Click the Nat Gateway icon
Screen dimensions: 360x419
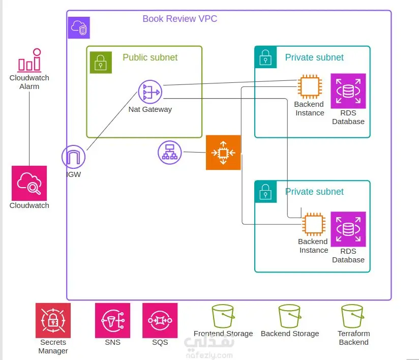pyautogui.click(x=149, y=92)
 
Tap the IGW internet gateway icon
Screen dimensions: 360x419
pyautogui.click(x=74, y=157)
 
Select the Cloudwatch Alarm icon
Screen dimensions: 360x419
pyautogui.click(x=29, y=61)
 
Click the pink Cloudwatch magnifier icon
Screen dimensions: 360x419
pyautogui.click(x=29, y=183)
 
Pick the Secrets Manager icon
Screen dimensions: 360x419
pyautogui.click(x=53, y=320)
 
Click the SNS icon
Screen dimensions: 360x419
pyautogui.click(x=112, y=320)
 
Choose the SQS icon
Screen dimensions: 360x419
pyautogui.click(x=160, y=320)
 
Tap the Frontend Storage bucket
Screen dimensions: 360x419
pyautogui.click(x=223, y=316)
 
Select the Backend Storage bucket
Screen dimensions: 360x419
pyautogui.click(x=289, y=316)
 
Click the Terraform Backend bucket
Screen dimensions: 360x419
pyautogui.click(x=353, y=316)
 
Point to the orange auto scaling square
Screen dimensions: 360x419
pyautogui.click(x=223, y=152)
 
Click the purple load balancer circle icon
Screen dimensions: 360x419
pyautogui.click(x=170, y=152)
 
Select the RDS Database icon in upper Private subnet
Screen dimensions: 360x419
pyautogui.click(x=348, y=91)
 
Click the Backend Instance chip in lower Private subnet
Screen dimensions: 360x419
pyautogui.click(x=314, y=225)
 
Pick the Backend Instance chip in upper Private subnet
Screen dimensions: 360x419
pyautogui.click(x=309, y=87)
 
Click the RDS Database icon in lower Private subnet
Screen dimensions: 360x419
pyautogui.click(x=348, y=229)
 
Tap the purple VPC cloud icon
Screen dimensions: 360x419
pyautogui.click(x=79, y=27)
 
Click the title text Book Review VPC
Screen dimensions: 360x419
pyautogui.click(x=179, y=19)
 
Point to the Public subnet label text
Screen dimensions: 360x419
pyautogui.click(x=150, y=57)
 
